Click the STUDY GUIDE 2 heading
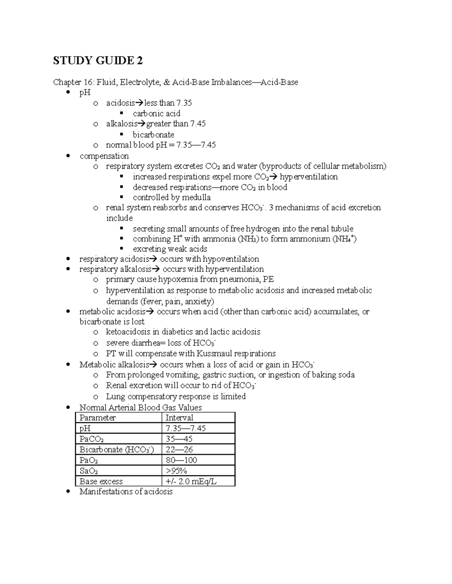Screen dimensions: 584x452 coord(98,61)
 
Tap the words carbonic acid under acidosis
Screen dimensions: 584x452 coord(156,114)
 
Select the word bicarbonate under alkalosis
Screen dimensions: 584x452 coord(153,135)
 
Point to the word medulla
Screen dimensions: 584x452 coord(196,197)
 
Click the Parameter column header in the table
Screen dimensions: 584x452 coord(98,418)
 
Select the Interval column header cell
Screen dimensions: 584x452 coord(179,418)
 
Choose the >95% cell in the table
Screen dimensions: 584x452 coord(176,471)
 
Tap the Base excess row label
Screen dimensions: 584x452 coord(101,481)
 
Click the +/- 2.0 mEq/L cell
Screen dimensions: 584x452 coord(191,481)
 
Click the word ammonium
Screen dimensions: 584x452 coord(312,239)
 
